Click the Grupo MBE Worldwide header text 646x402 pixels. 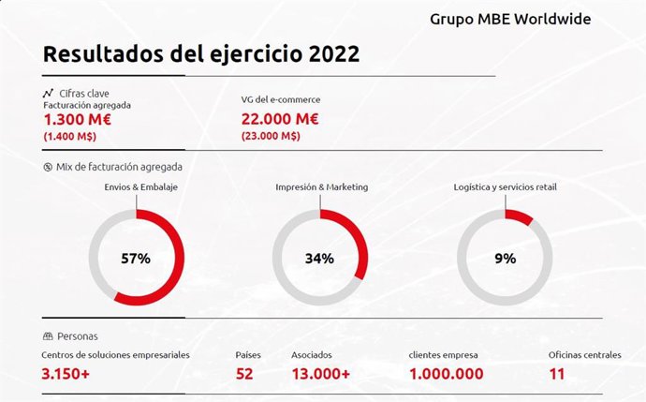pos(510,19)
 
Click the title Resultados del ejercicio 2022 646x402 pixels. pos(200,54)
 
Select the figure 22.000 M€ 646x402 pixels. pos(280,119)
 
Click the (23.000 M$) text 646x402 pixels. pos(271,136)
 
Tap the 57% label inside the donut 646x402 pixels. pos(136,259)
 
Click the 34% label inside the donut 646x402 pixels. pos(319,259)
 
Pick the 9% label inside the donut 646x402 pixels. pos(505,259)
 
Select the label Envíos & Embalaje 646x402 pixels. pos(141,187)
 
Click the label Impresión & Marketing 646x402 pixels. pos(321,187)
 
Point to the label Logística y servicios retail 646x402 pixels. pos(505,187)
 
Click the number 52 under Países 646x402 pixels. pos(245,374)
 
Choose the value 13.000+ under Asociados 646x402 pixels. pos(320,374)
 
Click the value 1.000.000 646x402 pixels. pos(454,374)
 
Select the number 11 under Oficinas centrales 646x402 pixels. pos(557,374)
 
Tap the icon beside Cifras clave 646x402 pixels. pos(47,93)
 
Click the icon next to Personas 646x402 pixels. pos(47,335)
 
